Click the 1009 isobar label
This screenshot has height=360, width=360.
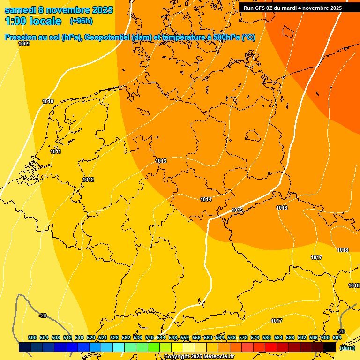pos(24,44)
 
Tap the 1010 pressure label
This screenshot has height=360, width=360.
pos(48,102)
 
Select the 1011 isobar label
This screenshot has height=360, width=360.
pos(56,151)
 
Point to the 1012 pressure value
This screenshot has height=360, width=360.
pos(88,180)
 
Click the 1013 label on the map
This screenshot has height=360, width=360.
pos(161,161)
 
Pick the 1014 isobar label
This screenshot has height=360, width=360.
pos(206,200)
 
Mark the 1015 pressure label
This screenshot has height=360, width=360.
pos(237,210)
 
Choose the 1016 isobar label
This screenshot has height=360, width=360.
pos(282,208)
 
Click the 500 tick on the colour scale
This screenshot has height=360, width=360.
pos(32,338)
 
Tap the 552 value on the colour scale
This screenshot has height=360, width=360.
pos(185,338)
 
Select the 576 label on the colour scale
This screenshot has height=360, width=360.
pos(255,338)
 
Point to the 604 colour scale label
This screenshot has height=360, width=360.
pos(337,338)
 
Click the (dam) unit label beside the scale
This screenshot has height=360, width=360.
pos(347,348)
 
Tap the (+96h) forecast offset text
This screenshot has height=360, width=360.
pos(81,21)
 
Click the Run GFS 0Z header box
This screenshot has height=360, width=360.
pos(292,8)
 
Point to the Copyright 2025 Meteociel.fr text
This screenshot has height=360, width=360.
pos(199,357)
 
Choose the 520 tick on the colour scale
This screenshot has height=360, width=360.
pos(91,338)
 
